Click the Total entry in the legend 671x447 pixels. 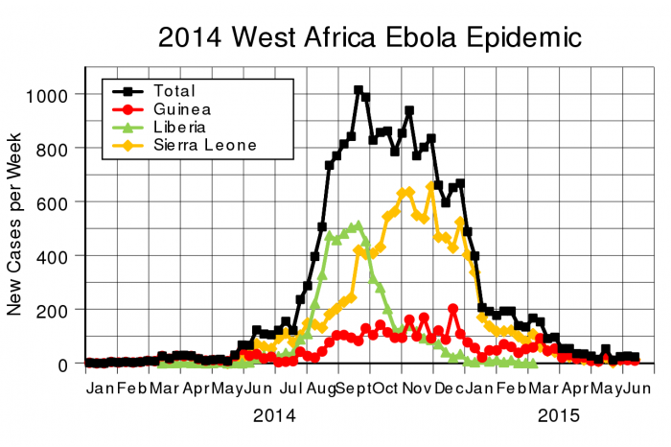(174, 90)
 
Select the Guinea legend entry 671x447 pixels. (178, 109)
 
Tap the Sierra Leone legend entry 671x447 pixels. (202, 146)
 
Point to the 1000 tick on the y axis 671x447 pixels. (48, 95)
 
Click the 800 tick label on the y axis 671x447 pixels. (53, 149)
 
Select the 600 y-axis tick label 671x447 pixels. (53, 202)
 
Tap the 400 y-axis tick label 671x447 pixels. (53, 257)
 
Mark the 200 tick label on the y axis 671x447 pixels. (53, 311)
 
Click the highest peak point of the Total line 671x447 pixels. (359, 90)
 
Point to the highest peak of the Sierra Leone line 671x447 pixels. (430, 187)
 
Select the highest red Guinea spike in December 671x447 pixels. (452, 309)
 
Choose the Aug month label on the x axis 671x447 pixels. (320, 388)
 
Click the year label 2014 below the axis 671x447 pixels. (273, 416)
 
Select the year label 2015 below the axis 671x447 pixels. (559, 416)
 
